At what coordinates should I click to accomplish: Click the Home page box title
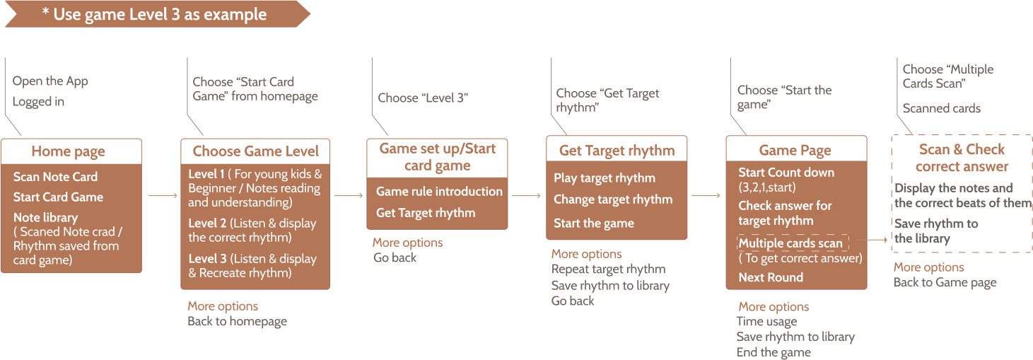click(69, 151)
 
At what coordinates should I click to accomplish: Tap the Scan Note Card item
click(55, 177)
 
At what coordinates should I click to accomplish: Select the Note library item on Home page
click(45, 218)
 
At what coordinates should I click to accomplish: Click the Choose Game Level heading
click(255, 151)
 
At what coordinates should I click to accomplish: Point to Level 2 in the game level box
click(207, 223)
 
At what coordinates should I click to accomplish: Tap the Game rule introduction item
click(439, 192)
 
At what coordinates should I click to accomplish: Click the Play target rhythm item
click(605, 178)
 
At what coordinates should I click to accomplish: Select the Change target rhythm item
click(613, 200)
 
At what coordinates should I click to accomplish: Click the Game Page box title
click(795, 150)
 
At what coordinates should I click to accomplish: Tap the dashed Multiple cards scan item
click(790, 243)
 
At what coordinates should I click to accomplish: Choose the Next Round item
click(771, 277)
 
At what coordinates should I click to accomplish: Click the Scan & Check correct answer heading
click(962, 158)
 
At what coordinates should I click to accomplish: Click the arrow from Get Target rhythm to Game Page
click(706, 196)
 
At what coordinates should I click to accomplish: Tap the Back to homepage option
click(237, 321)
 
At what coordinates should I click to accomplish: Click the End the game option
click(774, 352)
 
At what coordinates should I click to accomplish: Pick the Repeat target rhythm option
click(608, 269)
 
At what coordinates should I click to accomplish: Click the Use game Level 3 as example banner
click(154, 14)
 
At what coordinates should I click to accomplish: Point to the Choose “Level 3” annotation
click(424, 98)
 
